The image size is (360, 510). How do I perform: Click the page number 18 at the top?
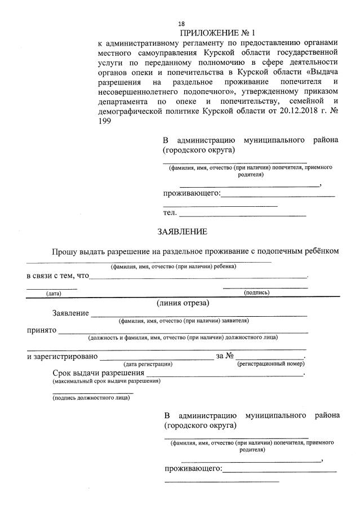pos(181,24)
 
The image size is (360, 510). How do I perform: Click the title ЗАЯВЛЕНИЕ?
pos(181,232)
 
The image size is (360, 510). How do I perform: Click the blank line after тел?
pos(243,215)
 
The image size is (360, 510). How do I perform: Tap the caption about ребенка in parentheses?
pos(174,266)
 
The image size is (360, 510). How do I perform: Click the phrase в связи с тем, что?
pos(57,276)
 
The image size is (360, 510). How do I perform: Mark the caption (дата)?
pos(54,293)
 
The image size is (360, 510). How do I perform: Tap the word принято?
pos(41,330)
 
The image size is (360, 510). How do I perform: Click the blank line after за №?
pos(269,356)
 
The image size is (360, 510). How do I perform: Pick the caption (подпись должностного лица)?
pos(90,398)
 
